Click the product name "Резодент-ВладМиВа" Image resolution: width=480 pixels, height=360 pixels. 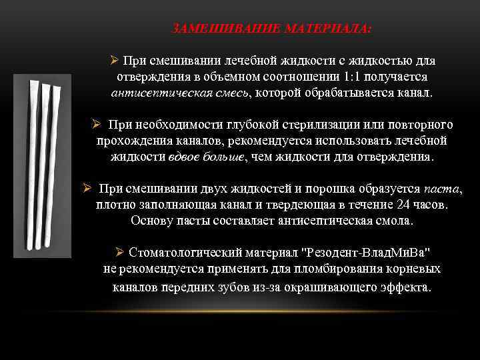[366, 253]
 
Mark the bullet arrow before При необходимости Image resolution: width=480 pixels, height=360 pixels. [96, 125]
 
